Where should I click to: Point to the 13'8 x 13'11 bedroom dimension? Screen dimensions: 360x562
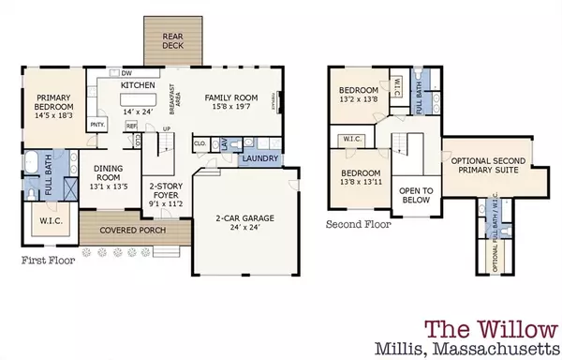click(x=361, y=183)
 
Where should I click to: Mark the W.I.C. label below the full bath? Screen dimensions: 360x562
click(x=47, y=221)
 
